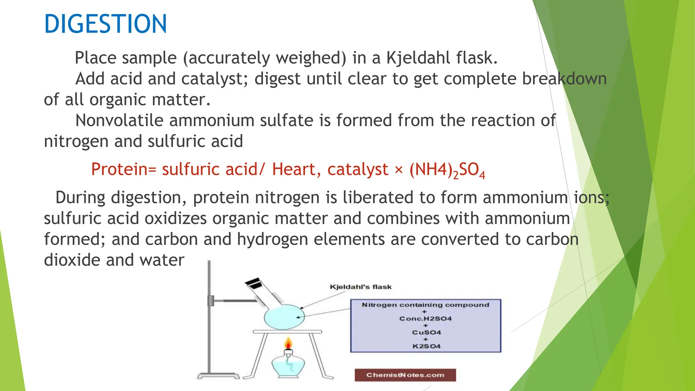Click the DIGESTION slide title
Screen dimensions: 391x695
(x=106, y=24)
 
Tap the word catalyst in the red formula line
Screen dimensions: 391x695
(x=358, y=169)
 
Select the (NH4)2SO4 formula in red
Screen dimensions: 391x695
(x=447, y=170)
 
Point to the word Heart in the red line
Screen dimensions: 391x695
(x=294, y=169)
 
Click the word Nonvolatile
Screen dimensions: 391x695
(x=119, y=120)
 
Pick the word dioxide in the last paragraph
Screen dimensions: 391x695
(x=72, y=260)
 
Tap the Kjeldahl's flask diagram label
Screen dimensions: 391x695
(x=360, y=287)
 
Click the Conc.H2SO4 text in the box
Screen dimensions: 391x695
(x=426, y=319)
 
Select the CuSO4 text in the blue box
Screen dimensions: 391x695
(x=426, y=333)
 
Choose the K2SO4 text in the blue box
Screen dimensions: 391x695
(x=426, y=347)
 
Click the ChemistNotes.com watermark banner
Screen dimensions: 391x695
(x=405, y=375)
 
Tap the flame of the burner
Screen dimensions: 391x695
(x=288, y=343)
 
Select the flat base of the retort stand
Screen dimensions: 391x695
(x=218, y=376)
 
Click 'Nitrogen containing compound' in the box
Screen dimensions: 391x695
(x=426, y=305)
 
